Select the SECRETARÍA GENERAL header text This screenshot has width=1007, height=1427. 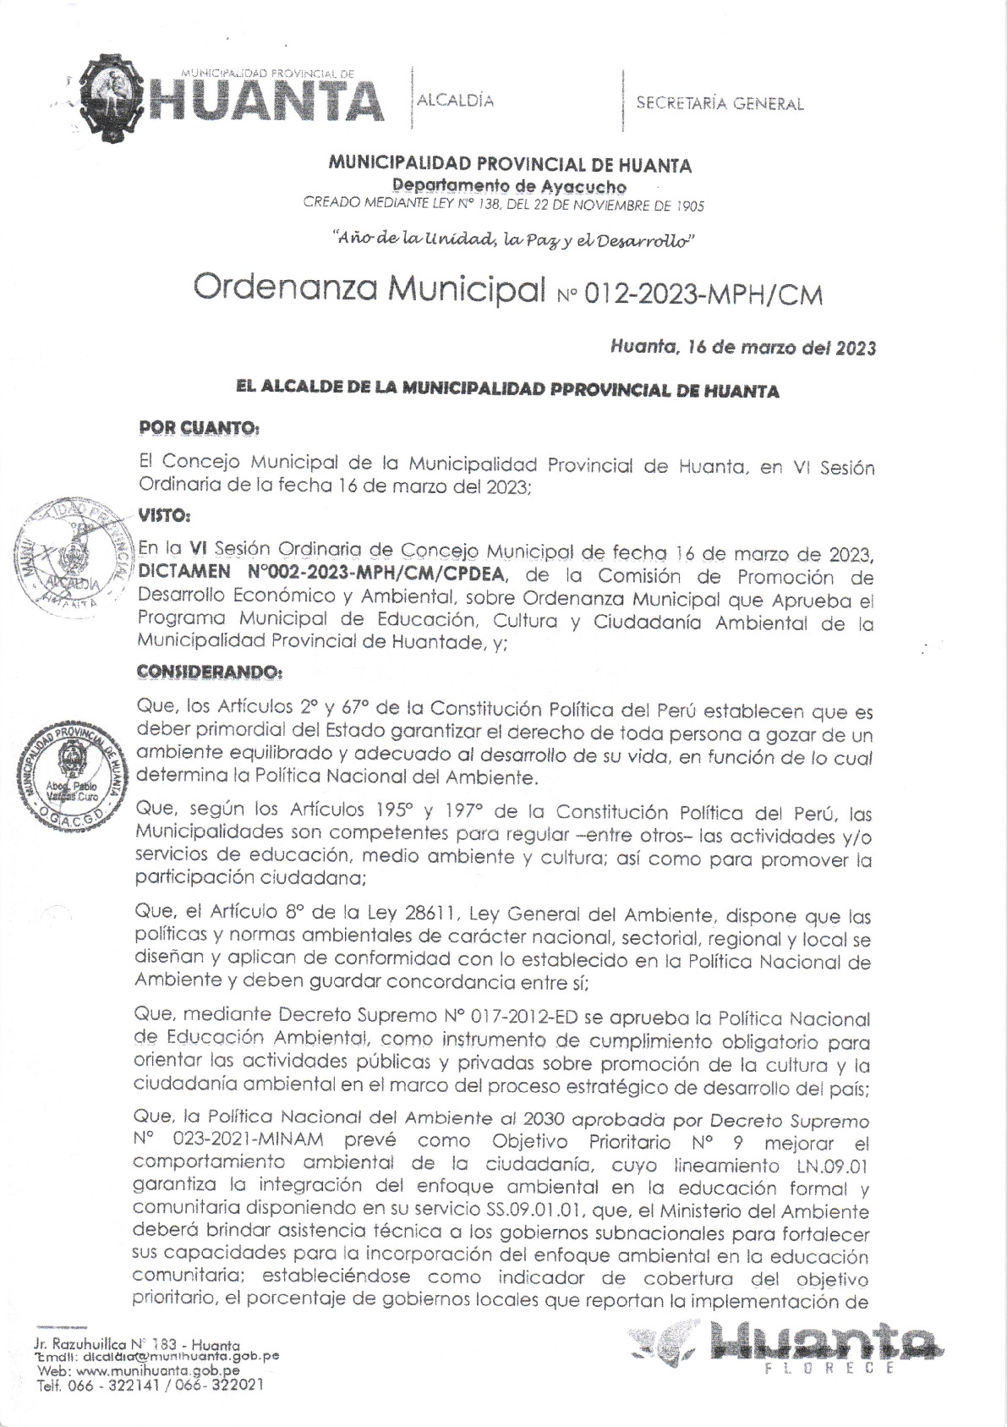(720, 104)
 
